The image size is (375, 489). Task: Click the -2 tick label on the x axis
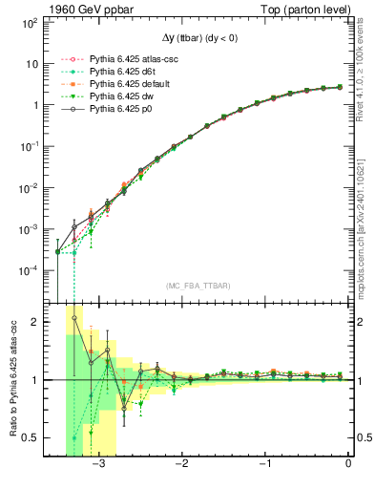(181, 463)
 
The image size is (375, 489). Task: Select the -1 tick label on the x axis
(264, 463)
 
